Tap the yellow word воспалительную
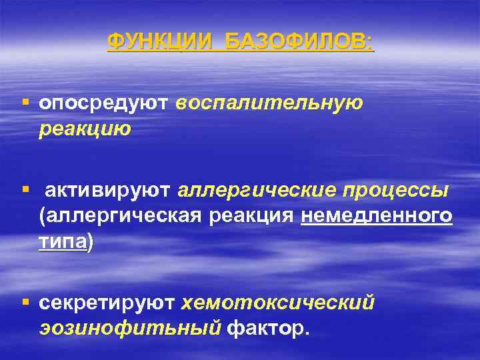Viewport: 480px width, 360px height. click(x=270, y=104)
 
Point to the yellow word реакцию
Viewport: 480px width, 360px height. click(x=85, y=129)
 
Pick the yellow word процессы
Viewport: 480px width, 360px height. click(x=395, y=192)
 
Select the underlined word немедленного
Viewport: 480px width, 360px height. click(x=377, y=217)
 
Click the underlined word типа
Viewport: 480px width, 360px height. click(x=63, y=242)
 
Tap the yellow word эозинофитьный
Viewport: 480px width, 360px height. click(x=130, y=329)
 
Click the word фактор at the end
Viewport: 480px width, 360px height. click(x=267, y=329)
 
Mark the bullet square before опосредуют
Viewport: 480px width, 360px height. click(x=25, y=103)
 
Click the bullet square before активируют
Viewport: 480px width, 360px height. click(x=25, y=191)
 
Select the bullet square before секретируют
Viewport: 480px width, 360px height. click(x=25, y=303)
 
